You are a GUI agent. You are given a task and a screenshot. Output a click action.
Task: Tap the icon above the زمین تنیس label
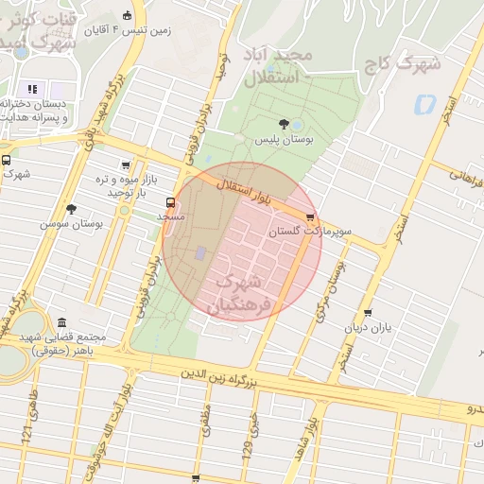pyautogui.click(x=128, y=15)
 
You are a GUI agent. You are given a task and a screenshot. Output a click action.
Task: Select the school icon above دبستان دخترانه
pyautogui.click(x=32, y=89)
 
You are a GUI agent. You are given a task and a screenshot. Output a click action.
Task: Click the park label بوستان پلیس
pyautogui.click(x=284, y=140)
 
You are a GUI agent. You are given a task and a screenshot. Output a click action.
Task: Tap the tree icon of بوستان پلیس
pyautogui.click(x=285, y=124)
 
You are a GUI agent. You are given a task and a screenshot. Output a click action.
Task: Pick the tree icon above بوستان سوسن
pyautogui.click(x=71, y=209)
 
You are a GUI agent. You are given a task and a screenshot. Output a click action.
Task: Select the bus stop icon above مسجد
pyautogui.click(x=170, y=201)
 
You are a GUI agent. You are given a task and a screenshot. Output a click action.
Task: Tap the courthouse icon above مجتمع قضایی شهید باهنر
pyautogui.click(x=62, y=322)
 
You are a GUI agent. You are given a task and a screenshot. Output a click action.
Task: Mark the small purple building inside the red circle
pyautogui.click(x=199, y=253)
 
